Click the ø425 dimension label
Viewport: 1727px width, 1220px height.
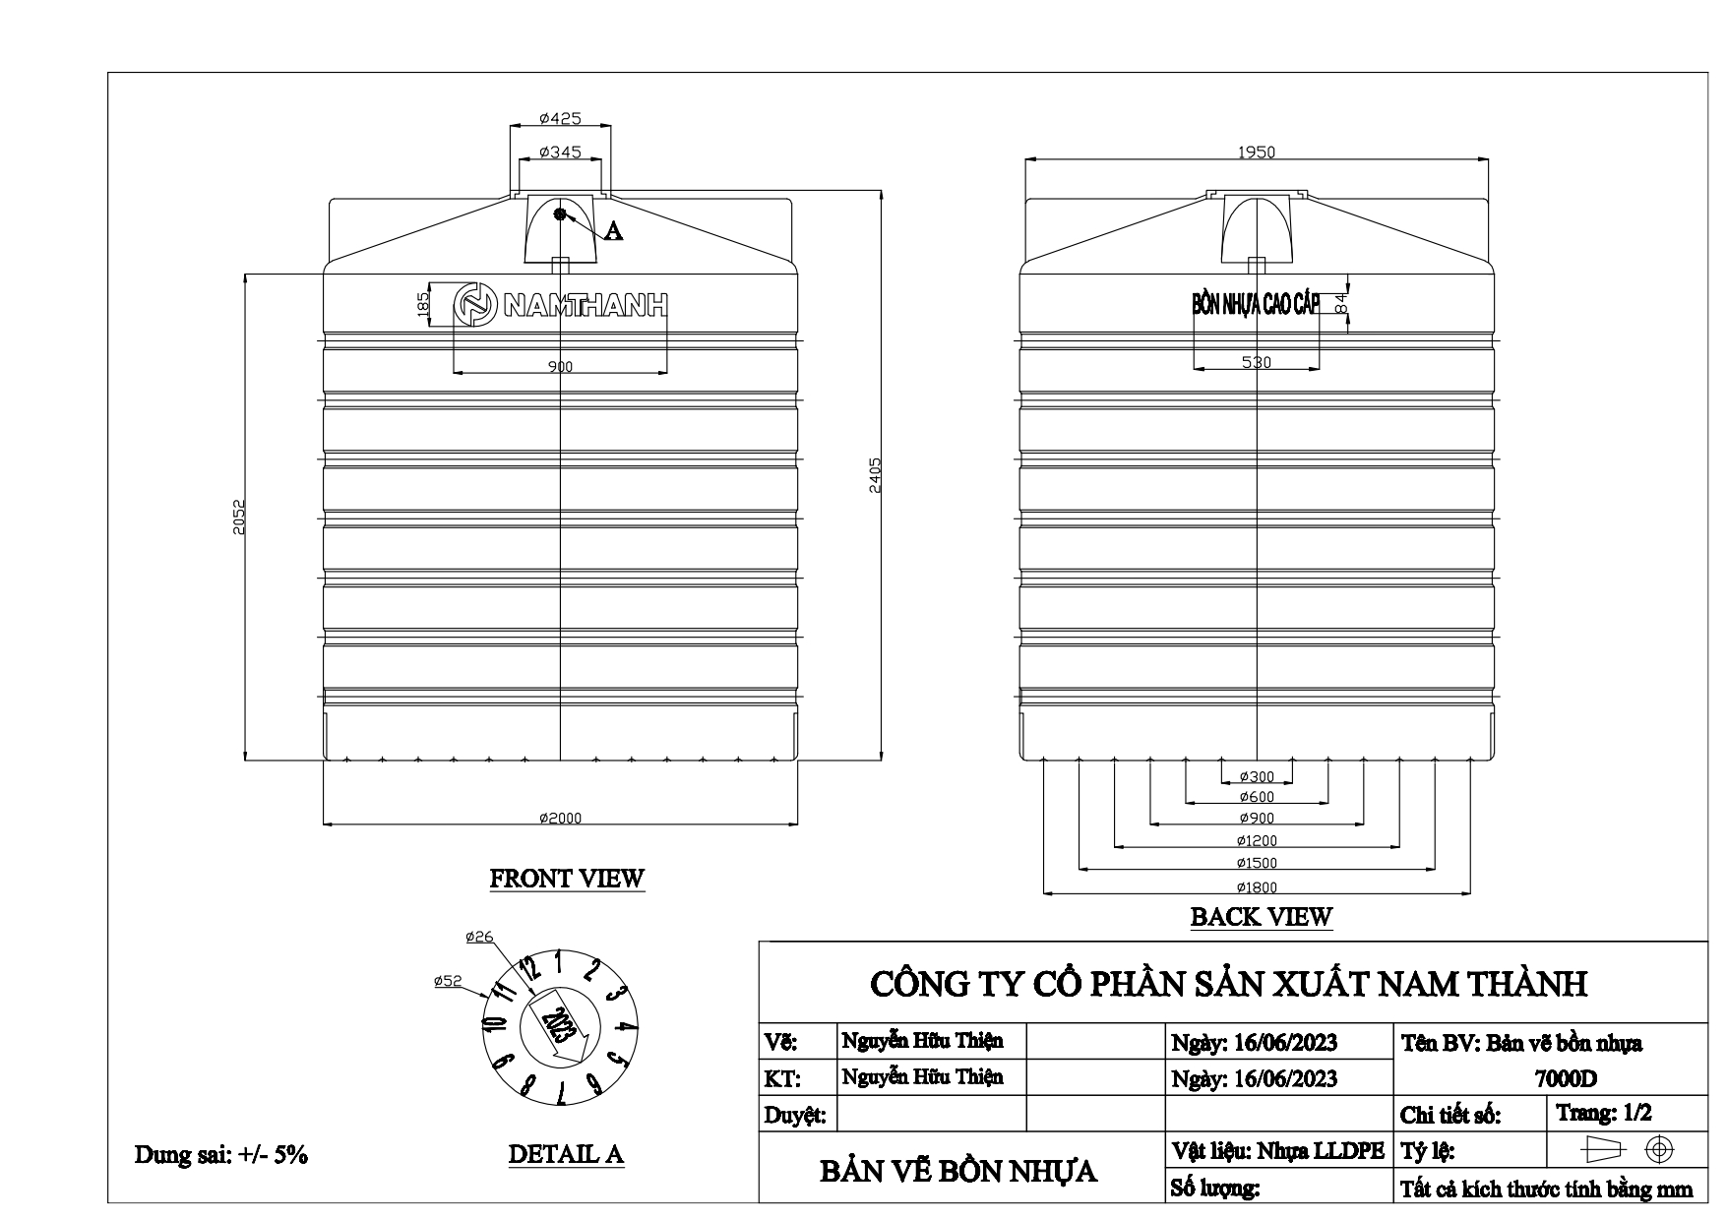(560, 119)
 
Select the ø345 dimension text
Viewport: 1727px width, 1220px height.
(560, 152)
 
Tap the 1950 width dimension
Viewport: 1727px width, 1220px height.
(1257, 152)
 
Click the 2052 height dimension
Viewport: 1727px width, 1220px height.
(238, 517)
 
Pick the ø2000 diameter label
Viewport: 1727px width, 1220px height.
(560, 819)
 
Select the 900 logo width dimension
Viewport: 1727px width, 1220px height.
(560, 367)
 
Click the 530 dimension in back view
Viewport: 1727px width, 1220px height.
(1257, 362)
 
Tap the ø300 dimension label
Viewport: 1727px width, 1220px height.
(1257, 777)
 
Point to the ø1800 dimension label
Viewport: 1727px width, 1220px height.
(1257, 887)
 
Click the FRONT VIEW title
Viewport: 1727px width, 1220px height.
(567, 879)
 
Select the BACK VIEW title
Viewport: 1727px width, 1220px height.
(1261, 917)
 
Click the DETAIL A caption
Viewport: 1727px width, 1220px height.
(566, 1154)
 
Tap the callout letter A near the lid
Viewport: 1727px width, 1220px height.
(613, 231)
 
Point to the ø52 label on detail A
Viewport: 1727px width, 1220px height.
(448, 981)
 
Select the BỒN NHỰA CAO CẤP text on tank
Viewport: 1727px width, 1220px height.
(1255, 304)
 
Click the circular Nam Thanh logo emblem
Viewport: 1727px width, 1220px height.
(477, 305)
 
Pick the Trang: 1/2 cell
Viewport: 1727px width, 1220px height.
(1604, 1113)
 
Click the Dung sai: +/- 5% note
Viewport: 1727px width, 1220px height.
(221, 1155)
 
